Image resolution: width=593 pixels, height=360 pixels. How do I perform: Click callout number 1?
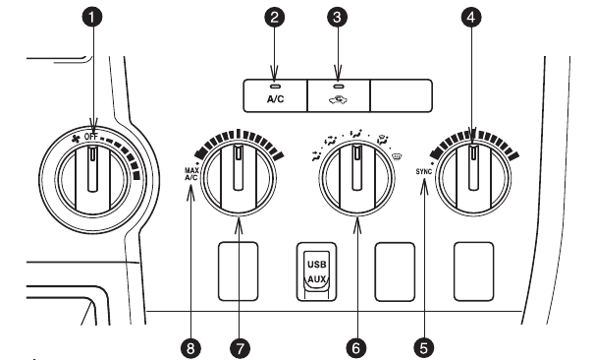[x=95, y=18]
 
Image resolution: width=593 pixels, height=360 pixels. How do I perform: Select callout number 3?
[x=340, y=18]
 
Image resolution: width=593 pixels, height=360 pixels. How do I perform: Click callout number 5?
[x=424, y=346]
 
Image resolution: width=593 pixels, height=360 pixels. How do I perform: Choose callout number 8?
[x=193, y=346]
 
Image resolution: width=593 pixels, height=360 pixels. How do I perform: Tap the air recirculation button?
[x=339, y=92]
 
